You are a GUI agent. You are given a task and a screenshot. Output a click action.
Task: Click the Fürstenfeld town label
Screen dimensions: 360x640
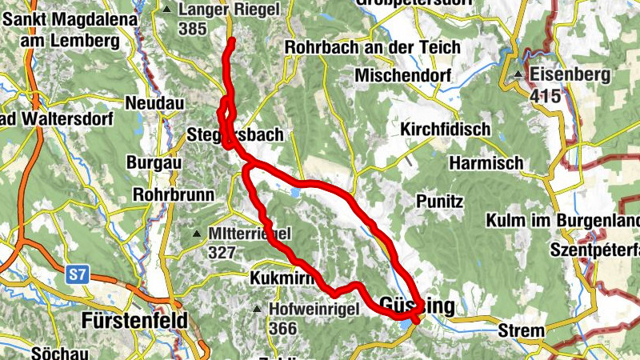(x=134, y=322)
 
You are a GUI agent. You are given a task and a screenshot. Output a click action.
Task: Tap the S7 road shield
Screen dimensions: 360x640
(x=77, y=275)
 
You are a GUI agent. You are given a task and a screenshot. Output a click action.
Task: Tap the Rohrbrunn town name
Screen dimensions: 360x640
(x=173, y=194)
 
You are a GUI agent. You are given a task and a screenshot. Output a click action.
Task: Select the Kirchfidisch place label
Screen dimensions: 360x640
(x=444, y=129)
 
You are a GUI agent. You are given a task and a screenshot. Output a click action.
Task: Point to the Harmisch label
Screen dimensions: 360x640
(x=486, y=162)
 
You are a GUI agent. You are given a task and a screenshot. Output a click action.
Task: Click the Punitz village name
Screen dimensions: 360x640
(x=439, y=201)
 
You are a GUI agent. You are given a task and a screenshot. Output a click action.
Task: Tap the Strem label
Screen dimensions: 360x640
(x=521, y=330)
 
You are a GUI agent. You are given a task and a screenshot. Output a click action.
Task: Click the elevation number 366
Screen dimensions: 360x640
(x=283, y=328)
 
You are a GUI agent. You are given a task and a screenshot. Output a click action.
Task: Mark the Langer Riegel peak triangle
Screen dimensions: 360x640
(x=166, y=10)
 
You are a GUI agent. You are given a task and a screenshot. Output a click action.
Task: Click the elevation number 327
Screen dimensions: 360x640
(x=221, y=253)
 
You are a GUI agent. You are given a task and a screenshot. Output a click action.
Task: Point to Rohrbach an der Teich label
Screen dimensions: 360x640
(x=372, y=47)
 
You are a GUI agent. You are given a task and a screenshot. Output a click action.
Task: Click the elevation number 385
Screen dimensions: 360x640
(x=193, y=29)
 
